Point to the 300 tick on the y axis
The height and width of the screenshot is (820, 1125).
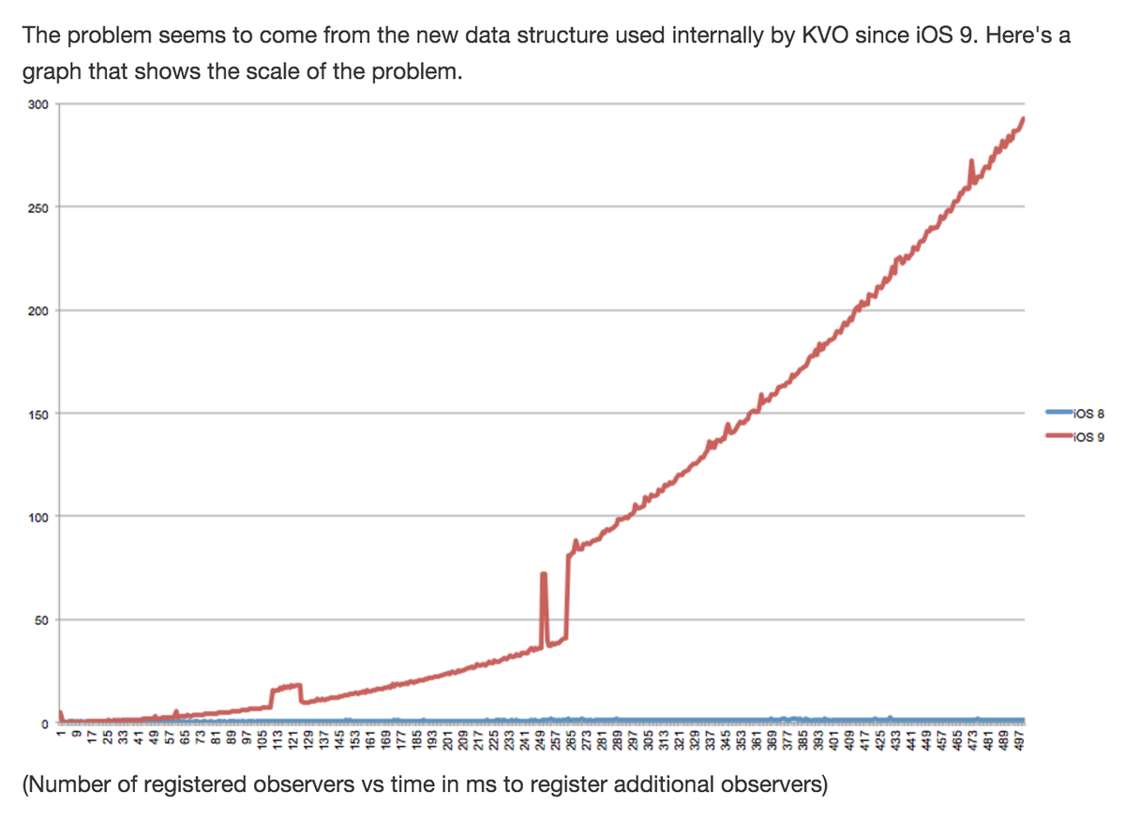coord(37,104)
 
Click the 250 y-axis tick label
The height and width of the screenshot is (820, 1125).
coord(37,207)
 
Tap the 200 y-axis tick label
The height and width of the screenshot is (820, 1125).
coord(37,311)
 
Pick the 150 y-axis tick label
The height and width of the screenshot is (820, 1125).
coord(37,414)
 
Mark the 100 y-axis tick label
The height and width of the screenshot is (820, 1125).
coord(37,517)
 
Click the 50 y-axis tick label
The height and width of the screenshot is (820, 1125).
coord(41,620)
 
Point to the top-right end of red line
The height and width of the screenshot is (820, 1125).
coord(1023,118)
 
